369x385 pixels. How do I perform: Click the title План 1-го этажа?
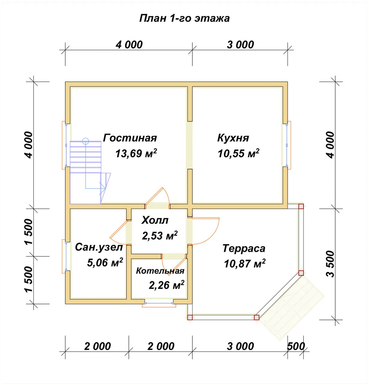point(184,18)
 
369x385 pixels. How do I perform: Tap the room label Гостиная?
point(130,138)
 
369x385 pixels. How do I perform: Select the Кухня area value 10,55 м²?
point(238,153)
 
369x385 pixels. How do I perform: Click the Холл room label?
point(155,220)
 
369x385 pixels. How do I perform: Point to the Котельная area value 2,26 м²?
point(166,285)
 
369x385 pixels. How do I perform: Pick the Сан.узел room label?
point(99,248)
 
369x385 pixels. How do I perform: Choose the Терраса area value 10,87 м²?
point(245,263)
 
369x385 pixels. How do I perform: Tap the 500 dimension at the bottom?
point(296,346)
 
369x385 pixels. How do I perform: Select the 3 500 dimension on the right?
point(330,264)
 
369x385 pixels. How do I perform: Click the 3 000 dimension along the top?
point(240,45)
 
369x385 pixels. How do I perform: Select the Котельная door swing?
point(175,265)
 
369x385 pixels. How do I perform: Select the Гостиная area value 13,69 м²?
point(136,153)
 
